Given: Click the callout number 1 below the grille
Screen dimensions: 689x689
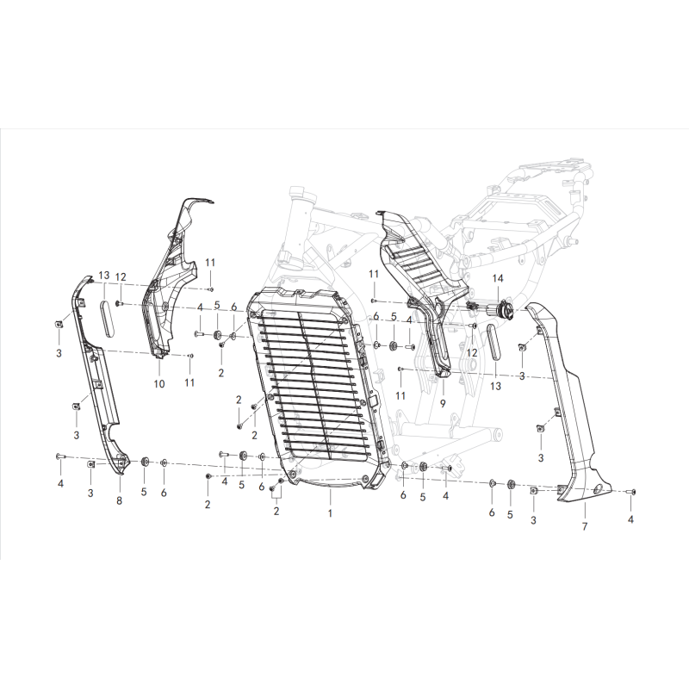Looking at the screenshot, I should coord(330,512).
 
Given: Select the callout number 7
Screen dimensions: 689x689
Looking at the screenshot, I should coord(584,525).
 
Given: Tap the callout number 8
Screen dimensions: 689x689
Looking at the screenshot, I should coord(119,500).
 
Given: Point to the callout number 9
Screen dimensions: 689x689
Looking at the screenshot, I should coord(442,402).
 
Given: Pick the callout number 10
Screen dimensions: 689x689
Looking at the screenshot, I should coord(158,383).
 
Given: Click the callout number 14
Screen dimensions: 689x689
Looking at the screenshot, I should coord(497,278).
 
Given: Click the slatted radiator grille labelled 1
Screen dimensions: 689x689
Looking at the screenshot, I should coord(314,388).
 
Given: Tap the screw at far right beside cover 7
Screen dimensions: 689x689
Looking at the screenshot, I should coord(632,491).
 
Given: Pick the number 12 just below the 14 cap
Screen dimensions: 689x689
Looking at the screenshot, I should coord(472,352).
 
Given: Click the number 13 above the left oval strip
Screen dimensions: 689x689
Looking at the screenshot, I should coord(103,276).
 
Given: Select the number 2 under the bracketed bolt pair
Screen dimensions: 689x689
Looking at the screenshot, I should coord(277,512).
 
